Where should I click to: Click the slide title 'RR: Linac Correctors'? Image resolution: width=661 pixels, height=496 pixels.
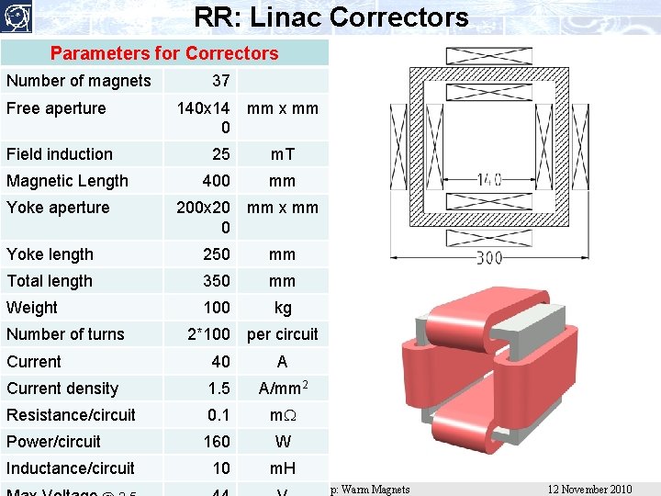click(331, 17)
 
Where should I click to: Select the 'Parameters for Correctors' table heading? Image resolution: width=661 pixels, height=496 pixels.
click(164, 53)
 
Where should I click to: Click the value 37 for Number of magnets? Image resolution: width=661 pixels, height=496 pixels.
click(220, 81)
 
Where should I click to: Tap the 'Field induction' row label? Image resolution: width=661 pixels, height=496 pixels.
click(60, 154)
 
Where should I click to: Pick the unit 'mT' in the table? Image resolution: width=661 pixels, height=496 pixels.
click(282, 154)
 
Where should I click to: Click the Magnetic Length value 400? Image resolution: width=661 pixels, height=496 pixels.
click(218, 181)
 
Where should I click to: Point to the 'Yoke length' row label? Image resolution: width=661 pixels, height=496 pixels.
click(50, 254)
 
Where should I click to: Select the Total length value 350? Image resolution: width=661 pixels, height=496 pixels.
click(218, 281)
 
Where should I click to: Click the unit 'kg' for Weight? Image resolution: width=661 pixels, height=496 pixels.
click(282, 308)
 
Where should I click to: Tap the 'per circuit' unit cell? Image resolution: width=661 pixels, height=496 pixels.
click(282, 334)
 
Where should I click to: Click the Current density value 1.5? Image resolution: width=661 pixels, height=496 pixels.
click(219, 389)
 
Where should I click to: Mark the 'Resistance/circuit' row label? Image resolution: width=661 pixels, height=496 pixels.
click(71, 415)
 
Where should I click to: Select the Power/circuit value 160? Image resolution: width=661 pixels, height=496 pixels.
click(218, 442)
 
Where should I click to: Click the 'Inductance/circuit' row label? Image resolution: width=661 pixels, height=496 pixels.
click(71, 468)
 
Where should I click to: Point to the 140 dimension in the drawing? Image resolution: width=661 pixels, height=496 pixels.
click(489, 180)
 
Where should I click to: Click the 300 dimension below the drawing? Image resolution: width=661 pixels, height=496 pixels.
click(488, 258)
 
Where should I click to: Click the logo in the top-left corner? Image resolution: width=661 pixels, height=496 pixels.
click(16, 17)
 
